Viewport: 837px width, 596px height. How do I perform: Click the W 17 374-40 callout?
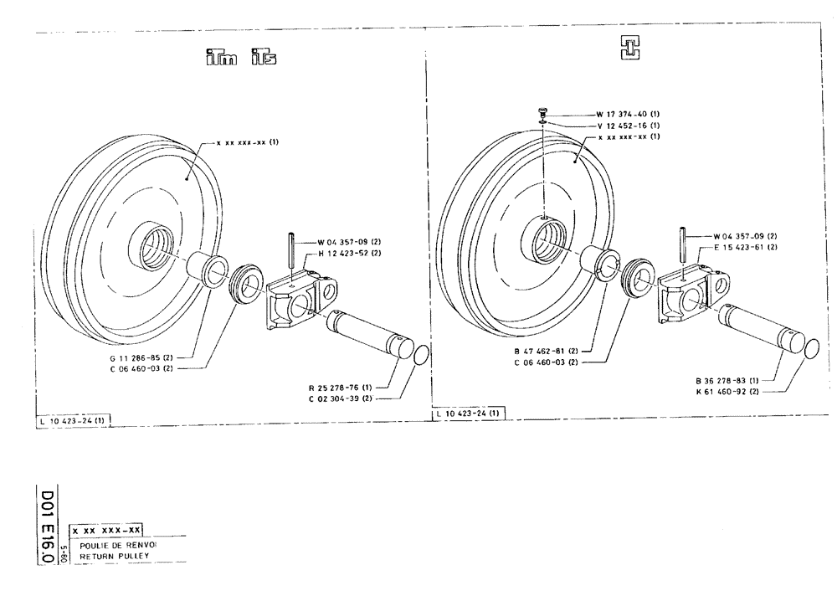628,114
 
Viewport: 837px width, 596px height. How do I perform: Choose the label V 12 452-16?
628,125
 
